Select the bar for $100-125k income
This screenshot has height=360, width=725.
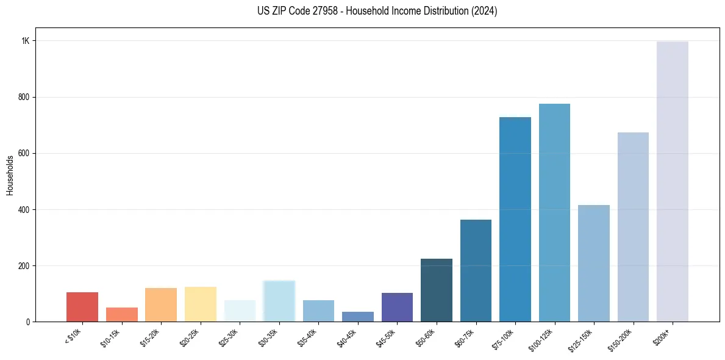(x=554, y=213)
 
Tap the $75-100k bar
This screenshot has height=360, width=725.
(x=515, y=220)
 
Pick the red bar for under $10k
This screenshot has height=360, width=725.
(x=82, y=307)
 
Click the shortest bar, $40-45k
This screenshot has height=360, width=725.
(x=358, y=317)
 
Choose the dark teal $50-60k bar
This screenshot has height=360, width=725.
(x=437, y=290)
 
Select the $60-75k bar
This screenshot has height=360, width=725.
(x=476, y=271)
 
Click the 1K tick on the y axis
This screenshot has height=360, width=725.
(x=25, y=41)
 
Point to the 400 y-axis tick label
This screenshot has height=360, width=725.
(x=24, y=209)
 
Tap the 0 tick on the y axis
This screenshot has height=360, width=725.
(x=27, y=322)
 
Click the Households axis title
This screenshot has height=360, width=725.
(x=10, y=175)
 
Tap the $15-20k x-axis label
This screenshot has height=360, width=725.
(x=150, y=337)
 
